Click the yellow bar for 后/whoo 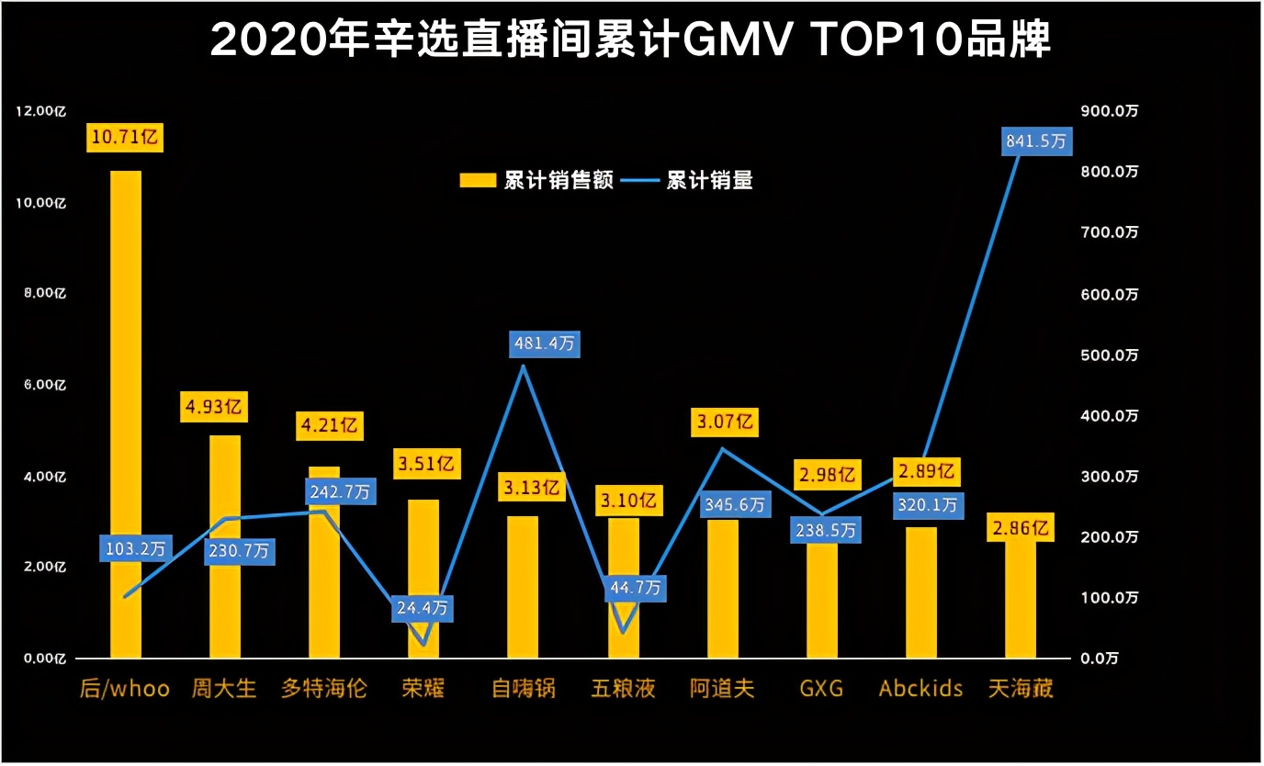pos(126,413)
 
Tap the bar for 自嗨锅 pos(523,587)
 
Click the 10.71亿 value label pos(126,138)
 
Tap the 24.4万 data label pos(422,607)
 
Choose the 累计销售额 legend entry pos(536,180)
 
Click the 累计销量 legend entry pos(689,180)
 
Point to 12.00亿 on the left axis pos(42,111)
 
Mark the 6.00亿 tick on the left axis pos(42,385)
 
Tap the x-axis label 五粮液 pos(624,688)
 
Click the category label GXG pos(821,688)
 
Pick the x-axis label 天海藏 pos(1021,688)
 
